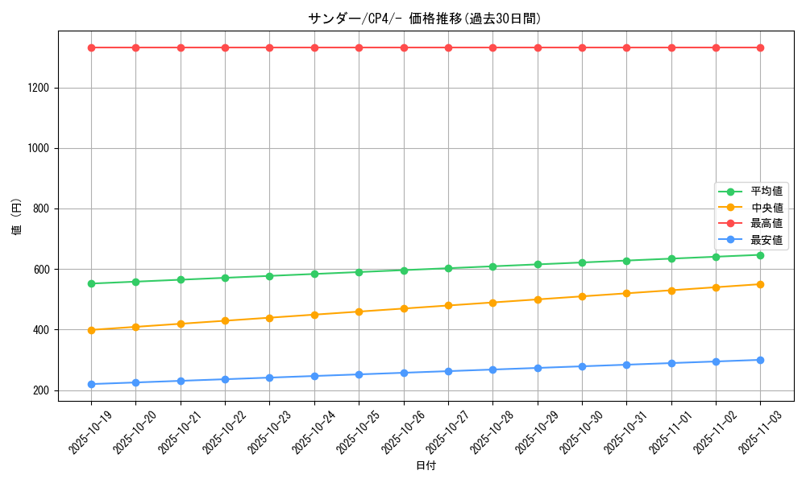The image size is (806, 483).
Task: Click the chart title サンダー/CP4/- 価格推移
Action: [425, 19]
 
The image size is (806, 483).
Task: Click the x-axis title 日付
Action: [425, 466]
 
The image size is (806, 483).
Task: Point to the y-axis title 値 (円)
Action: [17, 217]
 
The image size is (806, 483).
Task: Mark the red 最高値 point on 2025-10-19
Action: [91, 47]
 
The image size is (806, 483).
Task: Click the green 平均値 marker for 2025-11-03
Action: [760, 255]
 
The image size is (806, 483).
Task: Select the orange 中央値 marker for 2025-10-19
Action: [91, 330]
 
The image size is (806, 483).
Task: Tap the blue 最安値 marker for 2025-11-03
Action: [760, 360]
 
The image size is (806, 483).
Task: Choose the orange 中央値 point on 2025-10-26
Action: [404, 308]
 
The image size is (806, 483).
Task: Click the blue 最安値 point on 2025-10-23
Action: [270, 378]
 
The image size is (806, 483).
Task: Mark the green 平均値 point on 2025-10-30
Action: [582, 262]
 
